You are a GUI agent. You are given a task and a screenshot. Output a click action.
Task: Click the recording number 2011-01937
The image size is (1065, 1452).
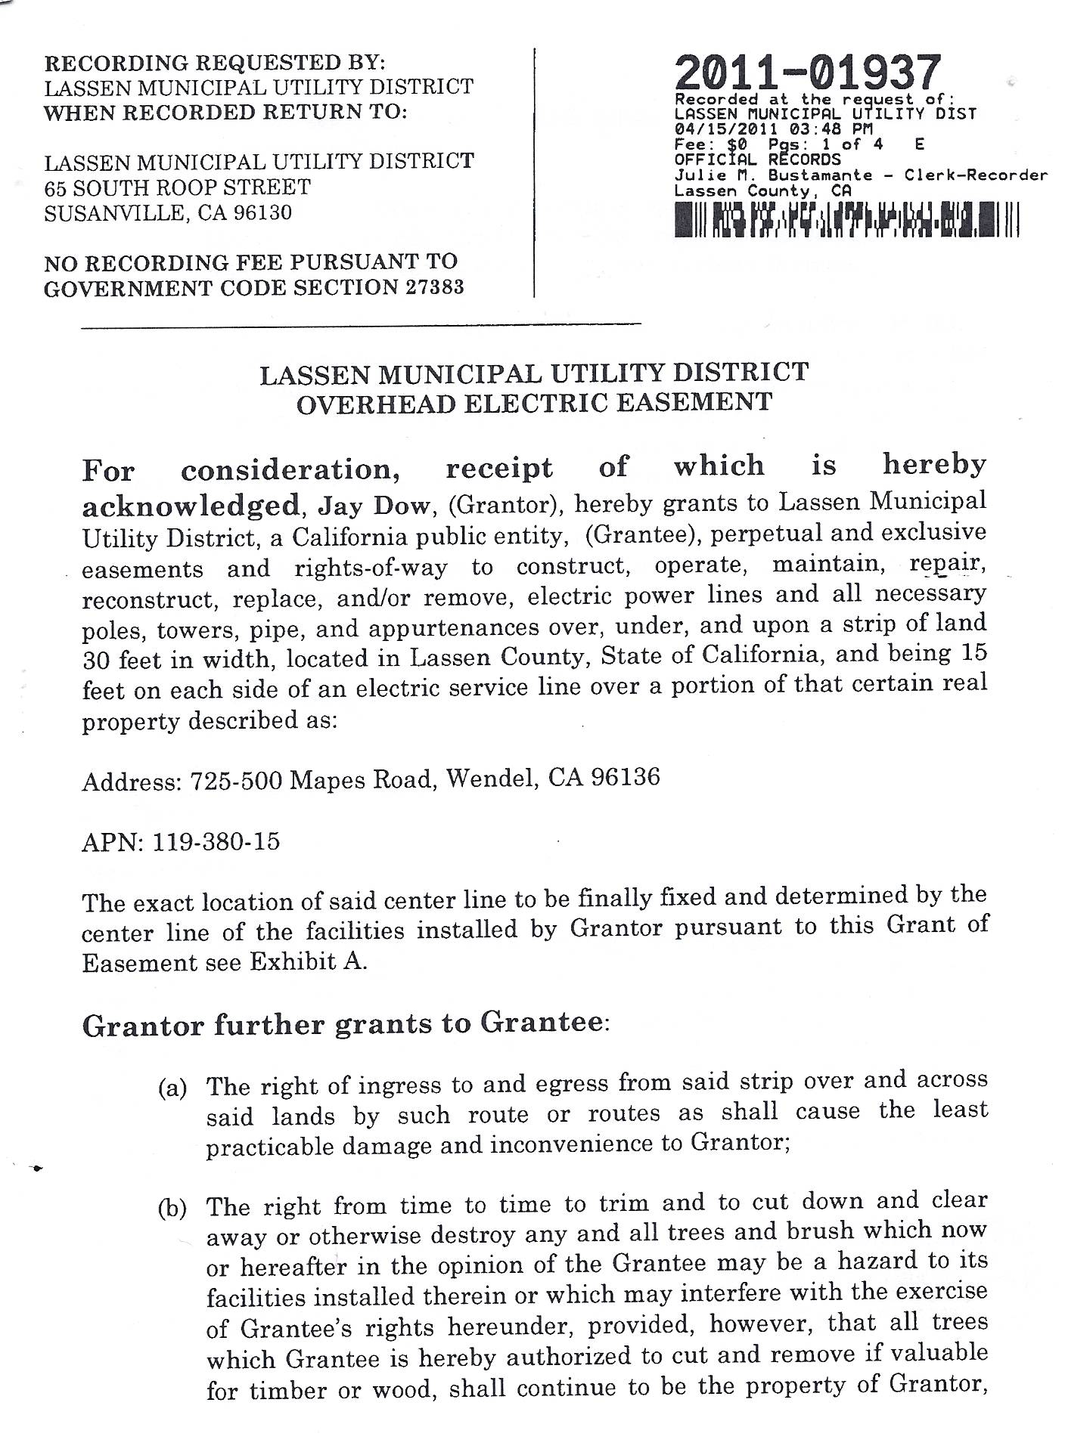click(x=807, y=74)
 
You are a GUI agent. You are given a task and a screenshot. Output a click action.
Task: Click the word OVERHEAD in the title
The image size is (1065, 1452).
click(x=376, y=403)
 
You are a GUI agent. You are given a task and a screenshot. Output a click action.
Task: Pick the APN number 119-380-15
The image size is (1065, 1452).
click(x=216, y=841)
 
